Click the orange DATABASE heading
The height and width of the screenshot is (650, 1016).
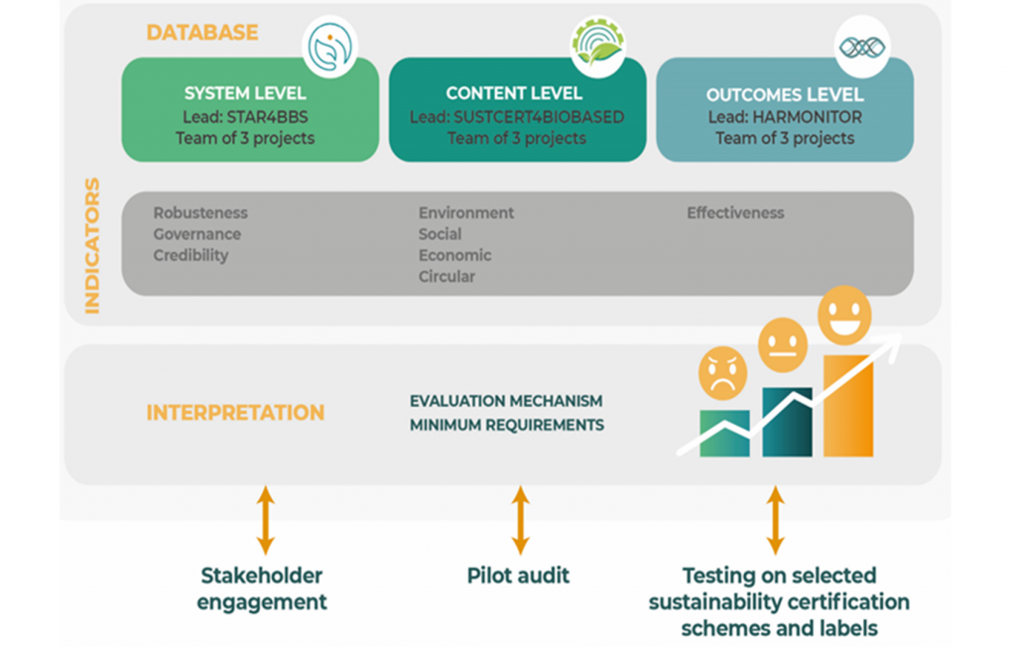point(202,33)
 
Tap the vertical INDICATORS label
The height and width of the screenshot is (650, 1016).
point(92,246)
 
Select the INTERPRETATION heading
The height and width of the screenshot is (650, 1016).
point(235,413)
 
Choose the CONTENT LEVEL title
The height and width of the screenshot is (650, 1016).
point(514,94)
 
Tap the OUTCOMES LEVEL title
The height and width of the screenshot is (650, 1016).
point(785,95)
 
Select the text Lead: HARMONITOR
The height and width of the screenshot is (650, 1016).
point(785,117)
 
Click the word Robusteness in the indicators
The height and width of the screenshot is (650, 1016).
point(200,213)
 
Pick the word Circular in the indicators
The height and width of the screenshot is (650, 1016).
point(446,277)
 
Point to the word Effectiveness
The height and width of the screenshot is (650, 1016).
point(735,213)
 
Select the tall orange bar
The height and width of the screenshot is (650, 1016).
point(848,407)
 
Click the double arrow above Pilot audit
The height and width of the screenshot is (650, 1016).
point(520,520)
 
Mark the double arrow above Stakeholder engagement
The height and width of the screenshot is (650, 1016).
point(265,520)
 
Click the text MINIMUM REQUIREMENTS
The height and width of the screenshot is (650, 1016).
point(506,425)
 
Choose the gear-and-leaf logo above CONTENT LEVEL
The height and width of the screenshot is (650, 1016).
point(597,45)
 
